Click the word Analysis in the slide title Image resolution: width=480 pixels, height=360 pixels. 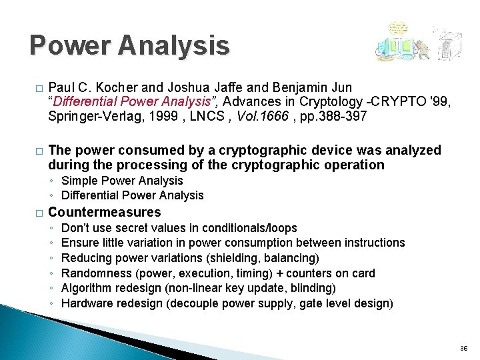175,45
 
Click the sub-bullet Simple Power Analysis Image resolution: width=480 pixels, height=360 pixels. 122,181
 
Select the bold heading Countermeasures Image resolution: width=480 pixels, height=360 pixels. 105,213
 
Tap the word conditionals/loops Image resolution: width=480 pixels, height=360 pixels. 249,228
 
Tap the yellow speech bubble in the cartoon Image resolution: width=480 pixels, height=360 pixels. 398,29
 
